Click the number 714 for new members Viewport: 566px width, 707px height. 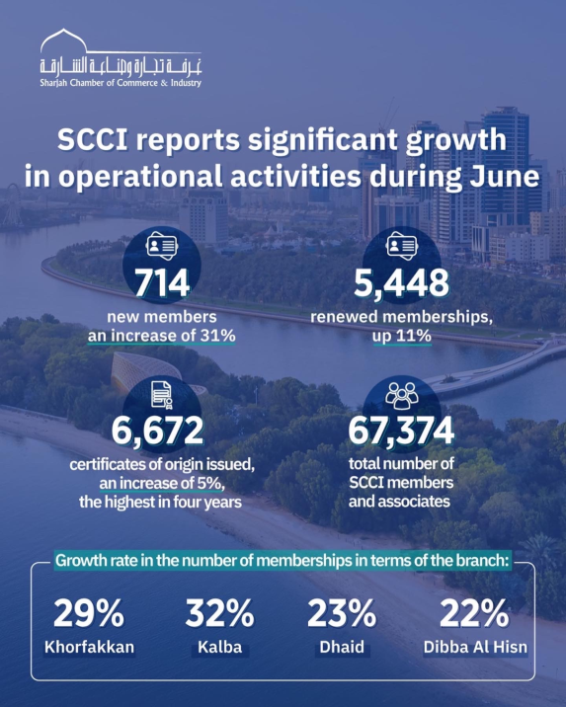coord(162,283)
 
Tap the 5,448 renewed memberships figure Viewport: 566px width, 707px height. coord(401,283)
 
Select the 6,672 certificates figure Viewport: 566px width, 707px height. coord(157,431)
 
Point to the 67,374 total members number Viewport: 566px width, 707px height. coord(401,431)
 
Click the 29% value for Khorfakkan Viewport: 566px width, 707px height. coord(89,613)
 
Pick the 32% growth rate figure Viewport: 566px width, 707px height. coord(219,613)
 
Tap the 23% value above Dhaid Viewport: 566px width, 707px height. coord(342,613)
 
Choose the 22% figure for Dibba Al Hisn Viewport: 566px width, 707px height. coord(474,613)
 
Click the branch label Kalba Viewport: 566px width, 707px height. coord(220,648)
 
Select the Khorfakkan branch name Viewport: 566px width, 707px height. coord(89,648)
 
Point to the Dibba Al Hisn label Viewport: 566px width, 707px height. coord(475,648)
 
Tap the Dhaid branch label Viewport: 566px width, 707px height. coord(342,648)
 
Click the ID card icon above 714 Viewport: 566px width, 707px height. coord(162,246)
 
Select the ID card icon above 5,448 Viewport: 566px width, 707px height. coord(402,246)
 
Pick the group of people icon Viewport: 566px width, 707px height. coord(402,395)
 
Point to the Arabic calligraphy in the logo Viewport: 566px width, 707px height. coord(121,67)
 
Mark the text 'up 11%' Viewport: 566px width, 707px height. coord(402,337)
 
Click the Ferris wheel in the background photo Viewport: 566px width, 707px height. coord(12,206)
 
